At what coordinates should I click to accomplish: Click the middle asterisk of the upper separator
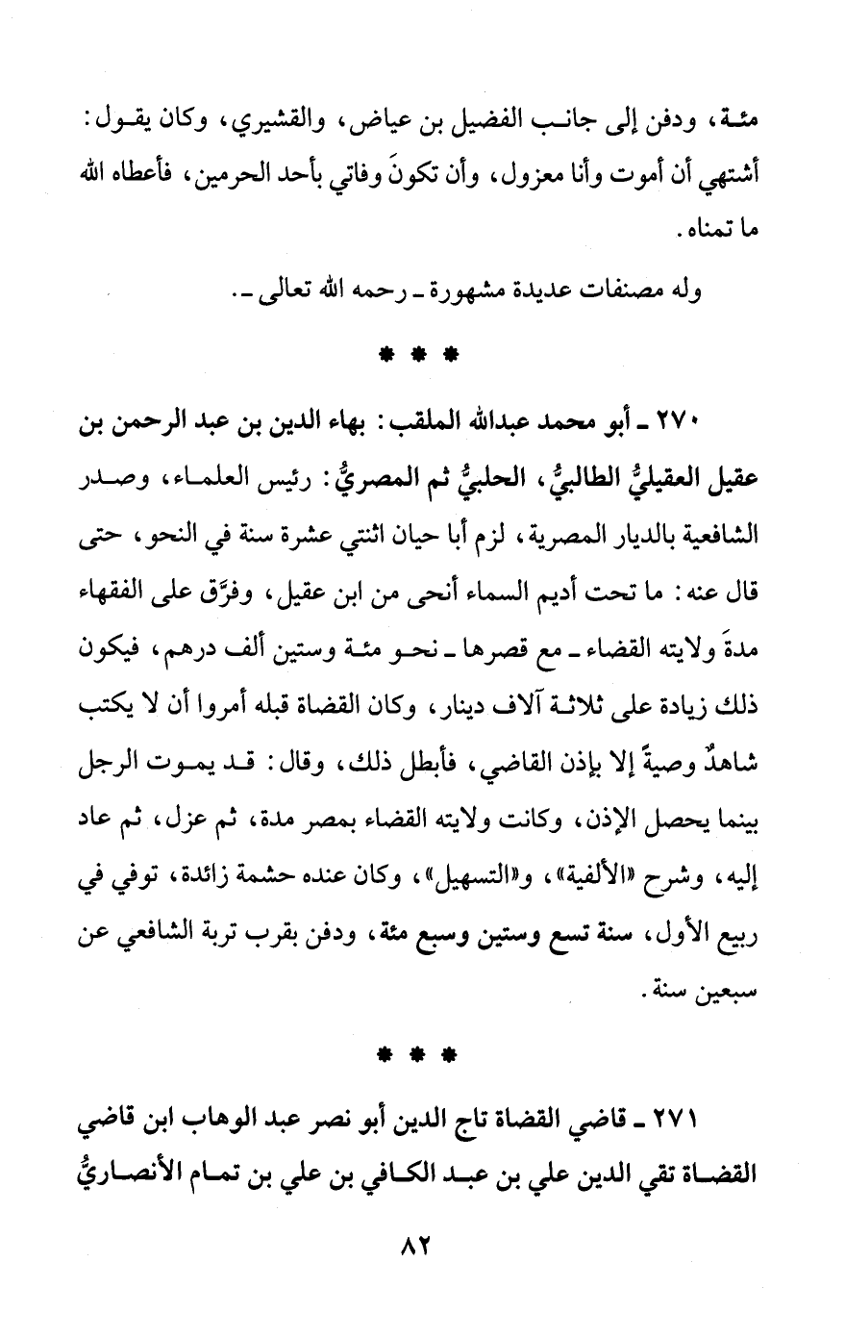(420, 354)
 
